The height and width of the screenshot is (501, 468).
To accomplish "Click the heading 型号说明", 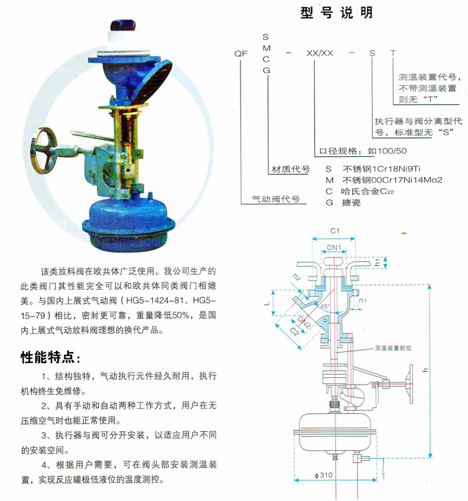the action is tap(337, 13).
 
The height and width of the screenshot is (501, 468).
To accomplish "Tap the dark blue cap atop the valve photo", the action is tap(123, 25).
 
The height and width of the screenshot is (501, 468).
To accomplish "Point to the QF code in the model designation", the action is tap(240, 53).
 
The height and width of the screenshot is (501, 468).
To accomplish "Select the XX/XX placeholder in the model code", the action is tap(320, 53).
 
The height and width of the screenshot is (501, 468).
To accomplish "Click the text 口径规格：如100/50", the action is tap(363, 151).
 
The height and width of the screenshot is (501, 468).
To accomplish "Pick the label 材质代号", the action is tap(291, 169).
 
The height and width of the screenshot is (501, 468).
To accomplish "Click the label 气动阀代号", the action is tap(276, 199).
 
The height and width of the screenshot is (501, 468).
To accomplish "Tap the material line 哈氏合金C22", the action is tap(367, 191).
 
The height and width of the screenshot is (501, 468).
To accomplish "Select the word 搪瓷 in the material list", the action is tap(351, 202).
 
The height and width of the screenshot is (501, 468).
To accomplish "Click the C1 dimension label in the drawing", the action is tap(335, 231).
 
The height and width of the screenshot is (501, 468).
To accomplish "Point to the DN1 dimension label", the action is tap(334, 248).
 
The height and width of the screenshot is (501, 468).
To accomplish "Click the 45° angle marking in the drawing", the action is tap(324, 306).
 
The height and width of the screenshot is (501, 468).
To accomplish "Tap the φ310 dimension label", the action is tap(324, 475).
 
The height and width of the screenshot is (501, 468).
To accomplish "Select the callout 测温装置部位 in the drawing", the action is tap(393, 348).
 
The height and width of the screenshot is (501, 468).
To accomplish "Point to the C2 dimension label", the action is tap(294, 332).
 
